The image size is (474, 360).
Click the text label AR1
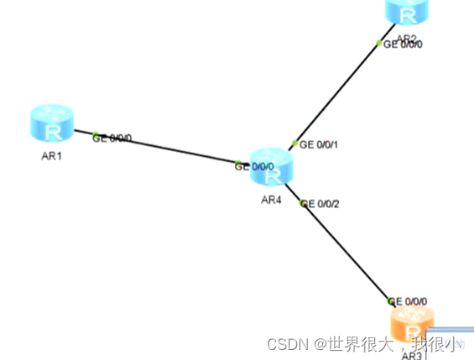[51, 157]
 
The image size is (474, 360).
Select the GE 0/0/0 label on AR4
[257, 166]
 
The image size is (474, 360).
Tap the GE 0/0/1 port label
[319, 144]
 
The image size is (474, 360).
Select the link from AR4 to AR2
[336, 92]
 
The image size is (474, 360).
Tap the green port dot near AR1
[96, 136]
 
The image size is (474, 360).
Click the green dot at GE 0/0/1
[294, 143]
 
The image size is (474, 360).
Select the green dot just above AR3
[390, 300]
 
